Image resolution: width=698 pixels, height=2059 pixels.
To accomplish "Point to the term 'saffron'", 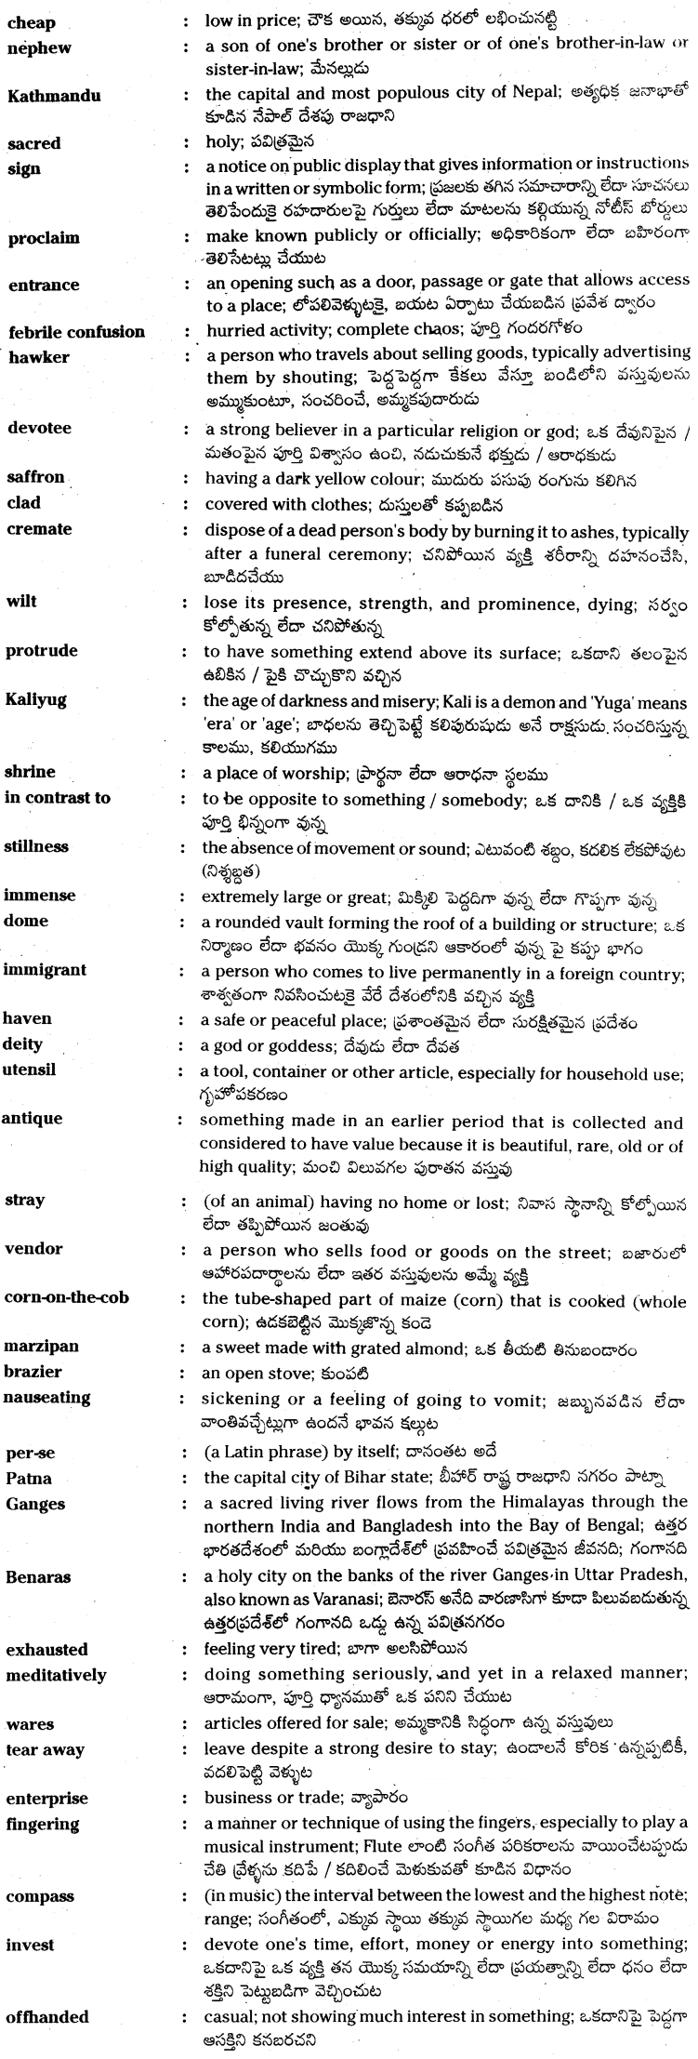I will pyautogui.click(x=35, y=477).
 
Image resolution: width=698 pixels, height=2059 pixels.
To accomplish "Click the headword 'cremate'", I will pyautogui.click(x=38, y=529).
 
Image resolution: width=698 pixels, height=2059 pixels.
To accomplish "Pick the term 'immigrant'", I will pyautogui.click(x=45, y=970).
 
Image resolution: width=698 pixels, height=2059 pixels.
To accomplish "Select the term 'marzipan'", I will pyautogui.click(x=41, y=1348).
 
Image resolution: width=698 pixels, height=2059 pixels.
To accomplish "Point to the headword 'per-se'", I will pyautogui.click(x=30, y=1452).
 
